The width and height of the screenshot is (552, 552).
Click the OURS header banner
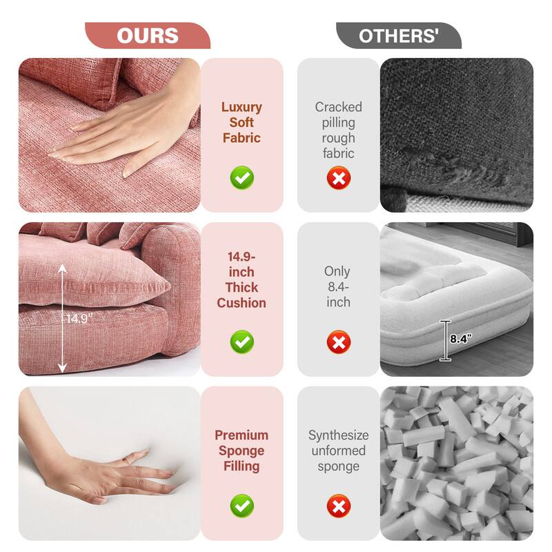click(x=147, y=35)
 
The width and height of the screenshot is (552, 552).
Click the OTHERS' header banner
click(x=398, y=35)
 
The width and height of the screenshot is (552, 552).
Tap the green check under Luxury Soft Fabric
click(x=241, y=178)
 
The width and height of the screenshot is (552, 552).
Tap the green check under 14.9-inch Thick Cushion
click(x=241, y=342)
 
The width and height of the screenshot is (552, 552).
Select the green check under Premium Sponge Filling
click(x=241, y=506)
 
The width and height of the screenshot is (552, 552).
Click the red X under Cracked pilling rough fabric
click(x=338, y=178)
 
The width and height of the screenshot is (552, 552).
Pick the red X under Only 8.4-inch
click(x=338, y=342)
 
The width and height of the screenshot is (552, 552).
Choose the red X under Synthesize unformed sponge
click(x=338, y=506)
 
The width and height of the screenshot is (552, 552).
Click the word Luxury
click(x=241, y=107)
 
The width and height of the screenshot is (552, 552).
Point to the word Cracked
click(x=338, y=107)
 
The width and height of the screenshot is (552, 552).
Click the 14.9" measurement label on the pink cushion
click(x=78, y=319)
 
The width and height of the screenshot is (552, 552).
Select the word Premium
click(x=241, y=435)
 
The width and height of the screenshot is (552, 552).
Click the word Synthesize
click(x=338, y=435)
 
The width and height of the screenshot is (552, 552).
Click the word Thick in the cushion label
click(x=241, y=287)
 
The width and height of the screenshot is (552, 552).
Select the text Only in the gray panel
click(x=338, y=271)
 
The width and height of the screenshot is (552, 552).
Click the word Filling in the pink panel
click(x=241, y=466)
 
